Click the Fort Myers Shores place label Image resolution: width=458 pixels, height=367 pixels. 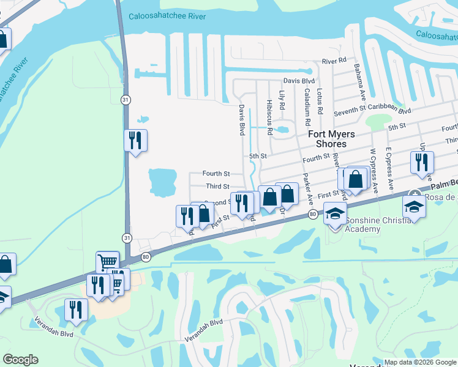(326, 139)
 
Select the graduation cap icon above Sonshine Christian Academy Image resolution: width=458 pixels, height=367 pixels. (335, 213)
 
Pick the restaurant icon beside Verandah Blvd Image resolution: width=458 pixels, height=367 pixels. (77, 310)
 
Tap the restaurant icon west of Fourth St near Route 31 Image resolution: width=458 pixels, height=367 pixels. (135, 141)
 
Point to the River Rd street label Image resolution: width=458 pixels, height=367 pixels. (334, 61)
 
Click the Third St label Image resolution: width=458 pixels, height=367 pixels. (217, 187)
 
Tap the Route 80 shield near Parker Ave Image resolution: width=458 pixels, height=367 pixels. (313, 213)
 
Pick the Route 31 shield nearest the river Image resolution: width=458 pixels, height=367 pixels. (126, 99)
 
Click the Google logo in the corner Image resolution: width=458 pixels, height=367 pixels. (21, 360)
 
